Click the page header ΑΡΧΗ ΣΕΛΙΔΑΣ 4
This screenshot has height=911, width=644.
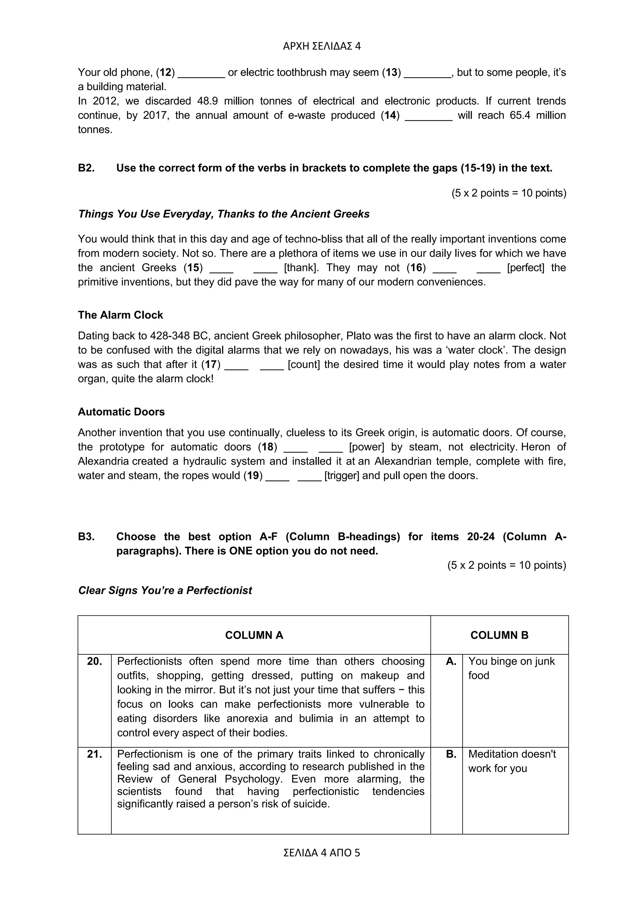pyautogui.click(x=322, y=47)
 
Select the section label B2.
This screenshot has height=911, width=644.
pyautogui.click(x=86, y=168)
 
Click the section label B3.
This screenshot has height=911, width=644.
pyautogui.click(x=86, y=536)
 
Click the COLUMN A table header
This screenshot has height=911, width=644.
pyautogui.click(x=254, y=635)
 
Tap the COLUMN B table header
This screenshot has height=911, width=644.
pyautogui.click(x=499, y=635)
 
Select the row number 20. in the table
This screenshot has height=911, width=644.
pyautogui.click(x=94, y=661)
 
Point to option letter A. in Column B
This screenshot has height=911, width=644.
pyautogui.click(x=451, y=661)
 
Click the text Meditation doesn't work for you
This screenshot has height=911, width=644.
pyautogui.click(x=512, y=761)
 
